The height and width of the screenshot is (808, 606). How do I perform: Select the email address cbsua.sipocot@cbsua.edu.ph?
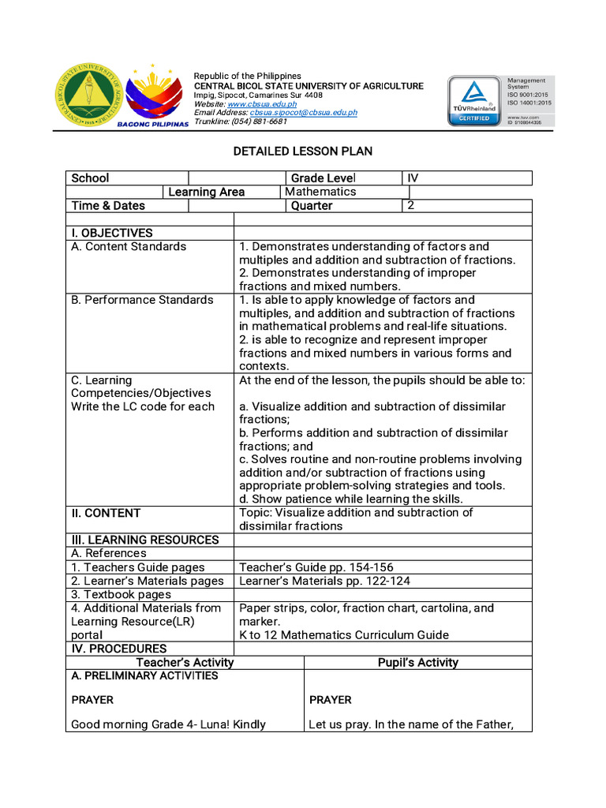pyautogui.click(x=303, y=113)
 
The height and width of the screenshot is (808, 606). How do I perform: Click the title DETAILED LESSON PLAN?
pyautogui.click(x=302, y=151)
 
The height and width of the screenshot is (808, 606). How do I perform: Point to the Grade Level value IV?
pyautogui.click(x=413, y=178)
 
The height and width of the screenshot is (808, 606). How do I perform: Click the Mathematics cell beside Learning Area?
pyautogui.click(x=320, y=192)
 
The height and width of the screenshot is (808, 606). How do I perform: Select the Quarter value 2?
pyautogui.click(x=410, y=205)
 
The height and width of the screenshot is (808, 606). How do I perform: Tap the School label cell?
pyautogui.click(x=91, y=178)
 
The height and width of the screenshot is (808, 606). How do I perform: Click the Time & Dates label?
pyautogui.click(x=108, y=206)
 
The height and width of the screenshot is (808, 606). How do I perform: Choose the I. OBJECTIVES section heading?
pyautogui.click(x=112, y=233)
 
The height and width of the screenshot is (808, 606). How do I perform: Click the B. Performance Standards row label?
pyautogui.click(x=142, y=300)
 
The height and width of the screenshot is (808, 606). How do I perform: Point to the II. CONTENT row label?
pyautogui.click(x=106, y=513)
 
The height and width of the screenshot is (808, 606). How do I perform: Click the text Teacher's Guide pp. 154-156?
pyautogui.click(x=316, y=567)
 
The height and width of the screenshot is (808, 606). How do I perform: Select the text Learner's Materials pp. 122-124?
pyautogui.click(x=324, y=581)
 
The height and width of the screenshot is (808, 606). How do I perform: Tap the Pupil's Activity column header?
pyautogui.click(x=417, y=663)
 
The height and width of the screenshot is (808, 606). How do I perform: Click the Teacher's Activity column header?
pyautogui.click(x=185, y=663)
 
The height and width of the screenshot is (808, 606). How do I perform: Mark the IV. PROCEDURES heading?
pyautogui.click(x=118, y=649)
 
